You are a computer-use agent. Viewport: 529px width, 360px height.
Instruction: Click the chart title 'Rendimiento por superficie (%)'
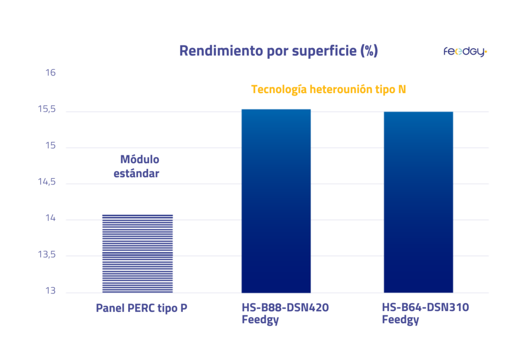(278, 51)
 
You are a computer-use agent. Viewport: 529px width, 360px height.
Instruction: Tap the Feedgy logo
(465, 52)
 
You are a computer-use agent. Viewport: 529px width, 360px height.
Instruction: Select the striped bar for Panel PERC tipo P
(137, 253)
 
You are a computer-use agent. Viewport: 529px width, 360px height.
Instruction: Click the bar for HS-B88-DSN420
(276, 201)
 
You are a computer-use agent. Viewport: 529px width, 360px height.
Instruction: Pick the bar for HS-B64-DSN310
(418, 202)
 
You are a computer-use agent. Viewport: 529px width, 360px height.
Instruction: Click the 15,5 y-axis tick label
(48, 109)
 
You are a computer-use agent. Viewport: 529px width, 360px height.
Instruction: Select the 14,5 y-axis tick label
(48, 182)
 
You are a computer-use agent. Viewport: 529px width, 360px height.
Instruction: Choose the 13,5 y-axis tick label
(48, 255)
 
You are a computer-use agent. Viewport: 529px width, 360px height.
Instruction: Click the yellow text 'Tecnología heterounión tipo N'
(329, 89)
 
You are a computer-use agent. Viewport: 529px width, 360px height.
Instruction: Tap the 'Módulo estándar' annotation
(136, 166)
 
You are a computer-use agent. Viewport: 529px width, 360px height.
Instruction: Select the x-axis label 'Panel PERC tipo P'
(142, 308)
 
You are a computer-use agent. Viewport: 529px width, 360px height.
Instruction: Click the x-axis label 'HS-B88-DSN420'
(285, 308)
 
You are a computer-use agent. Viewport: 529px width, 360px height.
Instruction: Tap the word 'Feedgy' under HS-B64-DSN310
(400, 320)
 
